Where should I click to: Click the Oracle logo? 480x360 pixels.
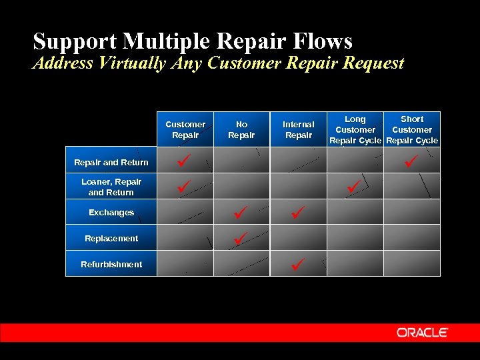pos(423,333)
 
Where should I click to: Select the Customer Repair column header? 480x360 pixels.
pos(185,129)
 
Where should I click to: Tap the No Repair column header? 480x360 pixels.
pos(241,129)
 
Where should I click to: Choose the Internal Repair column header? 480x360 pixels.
pos(298,129)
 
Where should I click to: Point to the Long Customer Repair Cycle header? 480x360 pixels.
pos(355,129)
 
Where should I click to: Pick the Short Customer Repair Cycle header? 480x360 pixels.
pos(412,129)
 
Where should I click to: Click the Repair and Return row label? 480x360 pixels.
pos(111,162)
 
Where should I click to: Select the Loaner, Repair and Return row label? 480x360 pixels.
pos(111,187)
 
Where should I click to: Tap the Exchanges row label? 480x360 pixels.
pos(111,213)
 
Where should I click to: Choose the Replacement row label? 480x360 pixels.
pos(111,238)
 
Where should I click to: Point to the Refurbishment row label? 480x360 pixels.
pos(111,264)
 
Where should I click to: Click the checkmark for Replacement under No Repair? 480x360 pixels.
pos(241,237)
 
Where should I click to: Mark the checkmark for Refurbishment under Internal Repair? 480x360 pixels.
pos(297,264)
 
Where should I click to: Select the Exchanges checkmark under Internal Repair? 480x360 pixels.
pos(297,212)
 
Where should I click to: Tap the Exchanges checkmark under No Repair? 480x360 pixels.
pos(241,212)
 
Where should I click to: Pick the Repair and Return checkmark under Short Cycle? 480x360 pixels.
pos(411,161)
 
